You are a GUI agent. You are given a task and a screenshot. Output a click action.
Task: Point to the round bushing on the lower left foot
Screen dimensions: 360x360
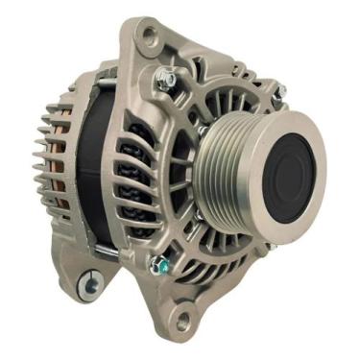point(92,282)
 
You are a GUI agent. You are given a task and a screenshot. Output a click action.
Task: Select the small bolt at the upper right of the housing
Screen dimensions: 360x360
point(279,92)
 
